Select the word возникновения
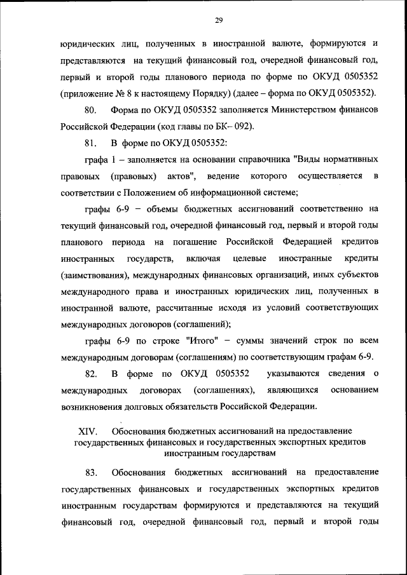click(94, 406)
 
